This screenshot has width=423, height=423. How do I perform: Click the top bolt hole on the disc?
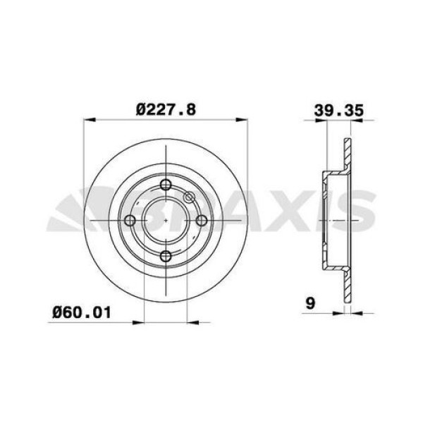pyautogui.click(x=165, y=185)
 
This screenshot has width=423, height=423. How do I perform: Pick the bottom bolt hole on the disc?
pyautogui.click(x=165, y=256)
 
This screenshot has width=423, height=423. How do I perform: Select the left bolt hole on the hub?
pyautogui.click(x=130, y=221)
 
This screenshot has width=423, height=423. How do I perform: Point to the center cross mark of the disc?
pyautogui.click(x=165, y=221)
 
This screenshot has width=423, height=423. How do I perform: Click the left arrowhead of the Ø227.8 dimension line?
pyautogui.click(x=87, y=120)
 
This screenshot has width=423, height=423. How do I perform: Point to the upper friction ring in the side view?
pyautogui.click(x=346, y=155)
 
